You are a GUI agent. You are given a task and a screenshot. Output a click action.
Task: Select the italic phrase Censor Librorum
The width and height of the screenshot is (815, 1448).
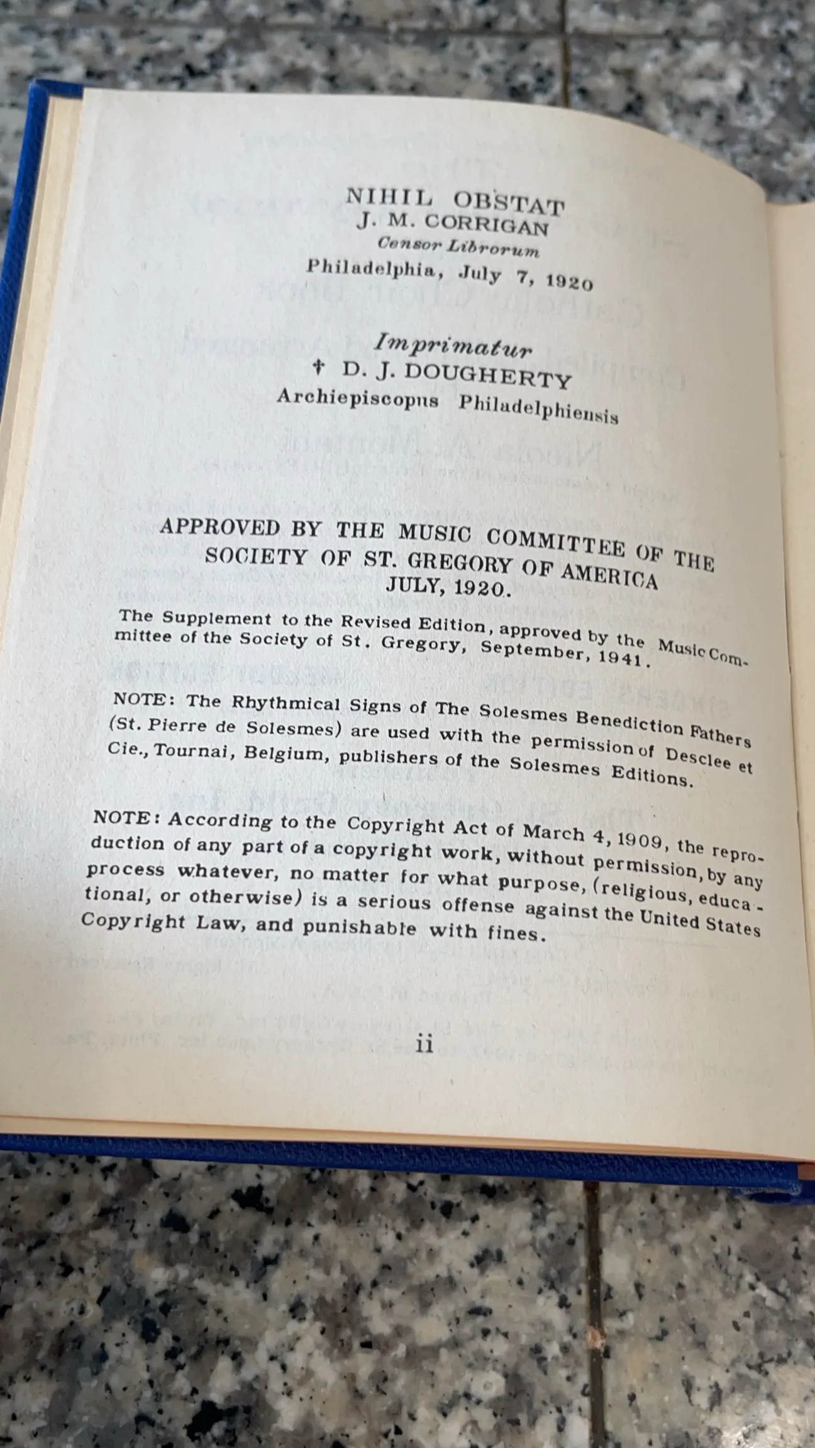click(458, 247)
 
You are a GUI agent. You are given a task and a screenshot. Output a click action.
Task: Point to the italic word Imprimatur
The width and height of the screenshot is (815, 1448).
click(453, 344)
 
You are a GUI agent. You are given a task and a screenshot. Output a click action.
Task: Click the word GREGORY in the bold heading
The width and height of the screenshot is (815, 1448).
click(455, 564)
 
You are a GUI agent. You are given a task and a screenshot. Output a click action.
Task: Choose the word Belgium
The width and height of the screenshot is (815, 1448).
click(287, 754)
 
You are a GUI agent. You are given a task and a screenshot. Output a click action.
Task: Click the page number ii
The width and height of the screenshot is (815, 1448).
click(424, 1044)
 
